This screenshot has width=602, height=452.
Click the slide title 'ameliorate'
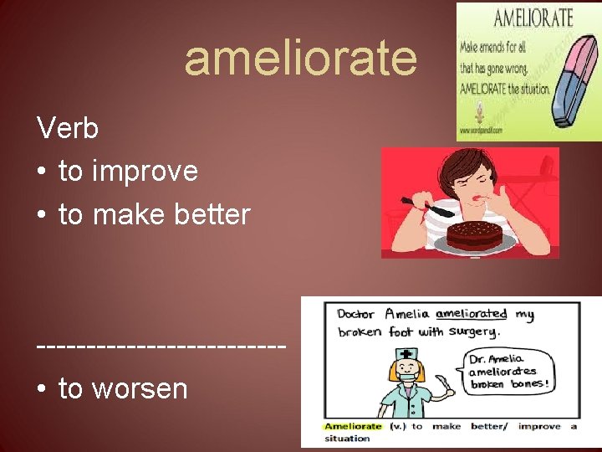coord(300,59)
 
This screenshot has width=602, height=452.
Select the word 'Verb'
coord(68,129)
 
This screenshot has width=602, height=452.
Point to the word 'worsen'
coord(140,388)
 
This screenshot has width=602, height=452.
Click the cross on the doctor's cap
coord(406,353)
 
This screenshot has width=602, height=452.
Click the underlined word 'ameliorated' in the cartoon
coord(471,314)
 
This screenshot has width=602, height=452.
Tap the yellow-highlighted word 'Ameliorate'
coord(353,426)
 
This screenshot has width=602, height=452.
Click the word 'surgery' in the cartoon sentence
coord(474,331)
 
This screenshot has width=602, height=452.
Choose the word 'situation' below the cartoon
coord(348,438)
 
